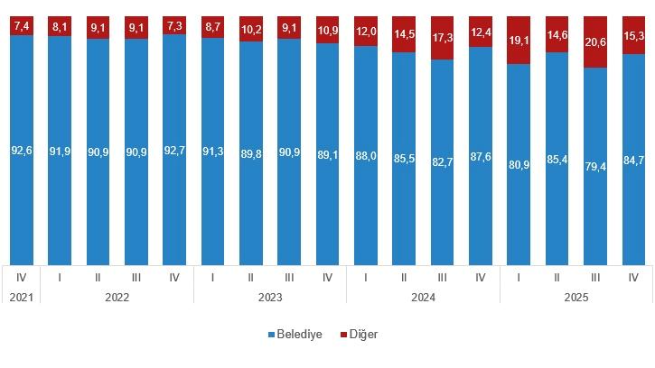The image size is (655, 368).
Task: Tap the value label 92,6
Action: click(22, 150)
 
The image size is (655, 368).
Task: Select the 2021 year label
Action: click(21, 296)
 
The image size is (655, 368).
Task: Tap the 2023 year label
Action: click(270, 296)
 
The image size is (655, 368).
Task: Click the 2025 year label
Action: click(576, 296)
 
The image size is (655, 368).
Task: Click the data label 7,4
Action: click(22, 25)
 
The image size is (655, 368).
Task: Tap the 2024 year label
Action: click(423, 296)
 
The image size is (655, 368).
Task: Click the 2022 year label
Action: click(117, 296)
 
